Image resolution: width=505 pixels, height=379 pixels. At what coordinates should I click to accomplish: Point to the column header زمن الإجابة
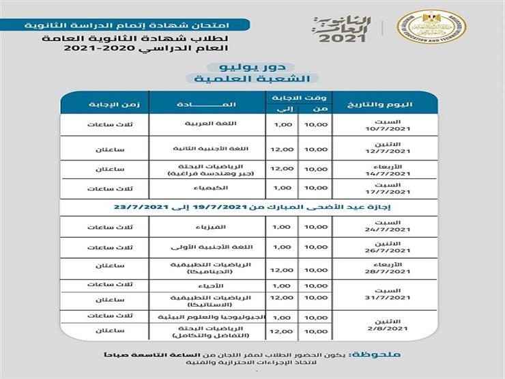(104, 104)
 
